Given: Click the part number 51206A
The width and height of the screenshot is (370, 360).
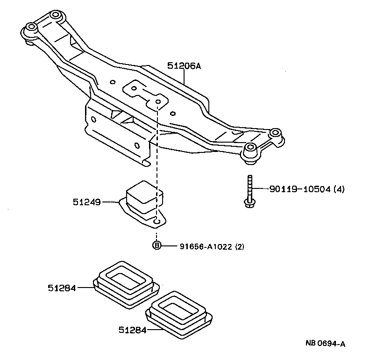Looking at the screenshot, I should click(184, 66).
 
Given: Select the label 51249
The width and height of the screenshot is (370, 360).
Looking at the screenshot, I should click(87, 202).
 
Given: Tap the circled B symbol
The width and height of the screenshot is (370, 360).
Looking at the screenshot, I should click(157, 245).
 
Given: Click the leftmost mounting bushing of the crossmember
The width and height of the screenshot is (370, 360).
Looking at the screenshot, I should click(31, 28).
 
